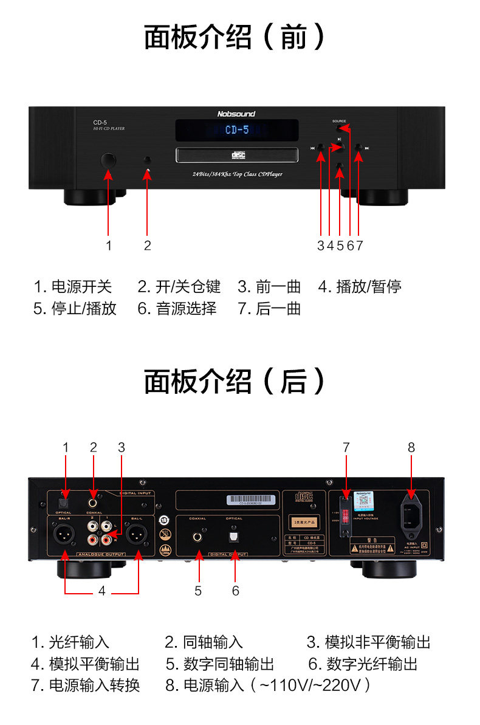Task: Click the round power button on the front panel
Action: pos(108,160)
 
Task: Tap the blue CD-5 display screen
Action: pos(237,130)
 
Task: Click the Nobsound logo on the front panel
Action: pos(236,114)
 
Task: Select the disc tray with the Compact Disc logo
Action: pos(237,154)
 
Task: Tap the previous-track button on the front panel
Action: pos(320,148)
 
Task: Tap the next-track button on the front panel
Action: pos(358,148)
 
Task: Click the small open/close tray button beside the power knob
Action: pos(147,160)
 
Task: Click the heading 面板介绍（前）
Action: pos(235,37)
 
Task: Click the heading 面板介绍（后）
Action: pos(235,382)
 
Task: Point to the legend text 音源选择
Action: pos(186,308)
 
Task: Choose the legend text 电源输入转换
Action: pos(94,685)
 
